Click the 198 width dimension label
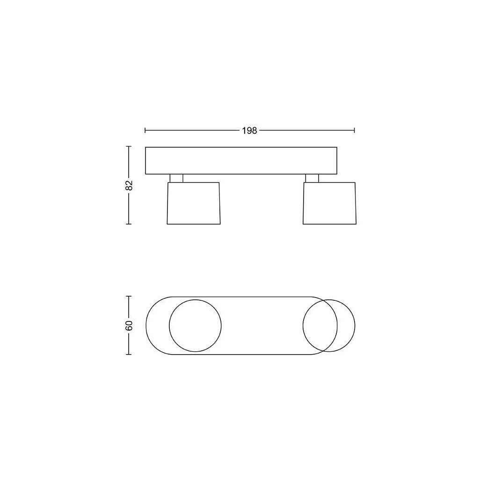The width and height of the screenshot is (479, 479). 250,131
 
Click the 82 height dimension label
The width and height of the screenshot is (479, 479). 129,185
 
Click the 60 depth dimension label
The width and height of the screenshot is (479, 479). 129,326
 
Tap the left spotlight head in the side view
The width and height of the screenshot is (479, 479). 194,203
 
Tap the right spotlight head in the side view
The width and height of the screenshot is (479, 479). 330,203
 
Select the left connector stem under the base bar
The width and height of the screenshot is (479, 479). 176,178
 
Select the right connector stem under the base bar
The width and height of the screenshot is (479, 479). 312,178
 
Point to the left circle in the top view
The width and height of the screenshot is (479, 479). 195,300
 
